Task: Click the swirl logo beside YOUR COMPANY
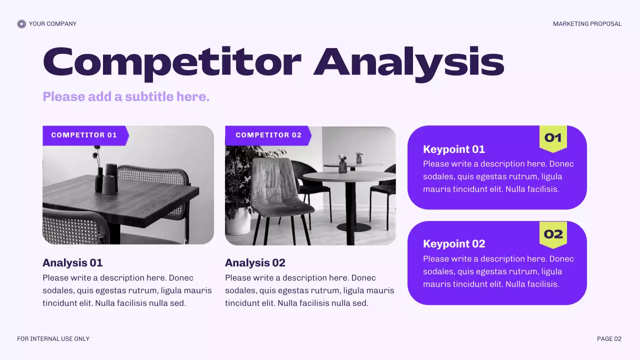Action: tap(21, 24)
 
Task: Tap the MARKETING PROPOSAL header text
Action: tap(587, 24)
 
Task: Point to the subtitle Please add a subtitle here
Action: tap(126, 96)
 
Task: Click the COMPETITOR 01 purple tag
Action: tap(84, 135)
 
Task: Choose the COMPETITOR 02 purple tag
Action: tap(268, 135)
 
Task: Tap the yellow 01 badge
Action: tap(553, 137)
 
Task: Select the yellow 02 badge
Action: tap(553, 234)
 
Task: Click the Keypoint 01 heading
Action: tap(454, 149)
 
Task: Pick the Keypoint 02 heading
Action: tap(454, 243)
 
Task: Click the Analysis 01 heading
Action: tap(72, 262)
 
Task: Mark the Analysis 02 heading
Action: tap(255, 262)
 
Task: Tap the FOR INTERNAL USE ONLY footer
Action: tap(53, 339)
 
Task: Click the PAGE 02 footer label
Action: tap(609, 339)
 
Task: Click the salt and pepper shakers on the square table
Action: tap(110, 178)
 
